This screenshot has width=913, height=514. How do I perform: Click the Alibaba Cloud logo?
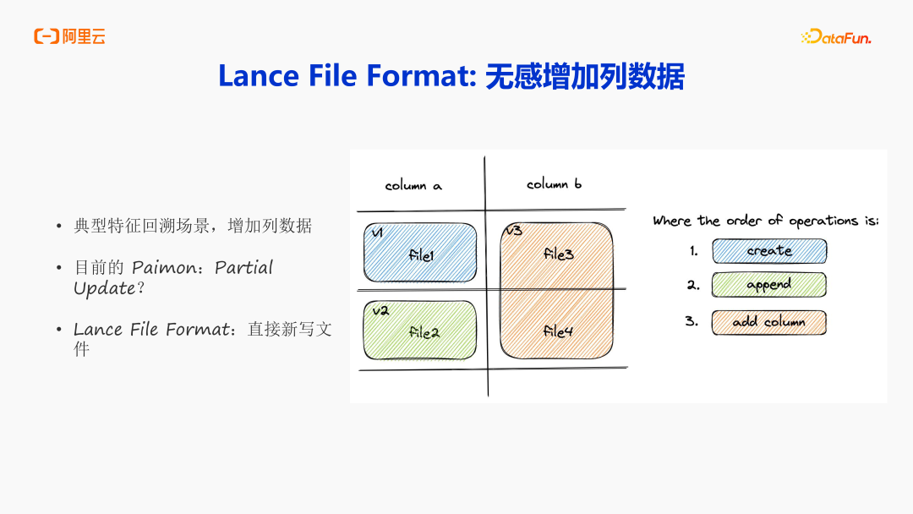click(69, 36)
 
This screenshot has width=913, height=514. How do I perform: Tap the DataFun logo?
click(835, 37)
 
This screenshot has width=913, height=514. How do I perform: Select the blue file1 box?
click(420, 253)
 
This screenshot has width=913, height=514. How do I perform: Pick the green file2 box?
click(420, 331)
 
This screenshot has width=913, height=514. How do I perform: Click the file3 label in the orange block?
click(558, 254)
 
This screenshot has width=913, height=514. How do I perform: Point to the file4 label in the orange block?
click(558, 331)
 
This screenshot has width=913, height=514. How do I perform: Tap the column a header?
click(413, 185)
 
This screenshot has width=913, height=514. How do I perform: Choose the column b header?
click(554, 183)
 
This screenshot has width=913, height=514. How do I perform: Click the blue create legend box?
click(769, 251)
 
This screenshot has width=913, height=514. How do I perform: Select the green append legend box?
click(768, 285)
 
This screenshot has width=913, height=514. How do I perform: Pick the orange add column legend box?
click(768, 322)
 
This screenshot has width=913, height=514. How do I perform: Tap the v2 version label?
click(380, 310)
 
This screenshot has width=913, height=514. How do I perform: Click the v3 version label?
click(514, 231)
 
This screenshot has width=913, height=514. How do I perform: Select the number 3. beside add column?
click(692, 321)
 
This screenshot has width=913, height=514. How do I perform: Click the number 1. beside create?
click(694, 251)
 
